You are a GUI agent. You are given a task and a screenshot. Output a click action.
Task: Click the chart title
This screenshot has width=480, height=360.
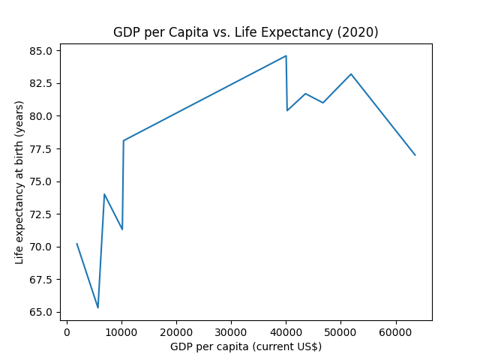tap(245, 32)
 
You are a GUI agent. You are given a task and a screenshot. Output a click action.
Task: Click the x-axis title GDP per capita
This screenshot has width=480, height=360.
tap(245, 346)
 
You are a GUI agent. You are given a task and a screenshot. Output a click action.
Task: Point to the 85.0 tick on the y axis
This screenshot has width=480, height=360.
tap(43, 51)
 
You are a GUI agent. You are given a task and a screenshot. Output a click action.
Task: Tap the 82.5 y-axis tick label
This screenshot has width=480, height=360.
tap(43, 83)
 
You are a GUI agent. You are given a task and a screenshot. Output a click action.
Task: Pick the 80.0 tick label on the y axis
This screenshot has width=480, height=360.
tap(43, 116)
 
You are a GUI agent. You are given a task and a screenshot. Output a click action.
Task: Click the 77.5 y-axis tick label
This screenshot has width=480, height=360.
tap(43, 149)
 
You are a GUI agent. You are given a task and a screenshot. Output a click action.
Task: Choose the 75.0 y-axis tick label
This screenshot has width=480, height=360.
tap(43, 181)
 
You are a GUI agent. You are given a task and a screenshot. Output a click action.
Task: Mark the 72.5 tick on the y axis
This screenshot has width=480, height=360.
tap(43, 214)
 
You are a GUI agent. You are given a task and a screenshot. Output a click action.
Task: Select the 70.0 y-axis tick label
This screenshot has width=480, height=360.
tap(43, 247)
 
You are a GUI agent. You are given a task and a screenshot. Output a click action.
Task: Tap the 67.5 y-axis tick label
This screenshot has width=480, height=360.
tap(43, 280)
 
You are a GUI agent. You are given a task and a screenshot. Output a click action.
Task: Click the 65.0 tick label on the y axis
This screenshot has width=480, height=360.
tap(43, 312)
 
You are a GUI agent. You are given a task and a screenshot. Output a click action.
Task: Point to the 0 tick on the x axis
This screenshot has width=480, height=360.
tap(67, 331)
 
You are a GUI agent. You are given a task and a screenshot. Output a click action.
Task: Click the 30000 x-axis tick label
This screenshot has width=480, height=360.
tap(231, 331)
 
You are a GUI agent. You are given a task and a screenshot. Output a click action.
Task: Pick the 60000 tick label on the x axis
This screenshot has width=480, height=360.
tap(395, 331)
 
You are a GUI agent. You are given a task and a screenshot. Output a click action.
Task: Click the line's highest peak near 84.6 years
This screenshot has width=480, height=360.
tap(286, 55)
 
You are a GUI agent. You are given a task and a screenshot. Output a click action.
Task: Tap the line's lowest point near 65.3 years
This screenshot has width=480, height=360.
tap(97, 307)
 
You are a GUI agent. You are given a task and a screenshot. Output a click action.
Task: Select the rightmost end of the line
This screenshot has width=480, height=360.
tap(415, 155)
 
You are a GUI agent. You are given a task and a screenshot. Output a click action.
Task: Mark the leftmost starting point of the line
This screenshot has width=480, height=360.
tap(76, 244)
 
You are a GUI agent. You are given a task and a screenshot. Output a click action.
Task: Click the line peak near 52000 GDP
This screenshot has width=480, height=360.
tap(351, 74)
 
